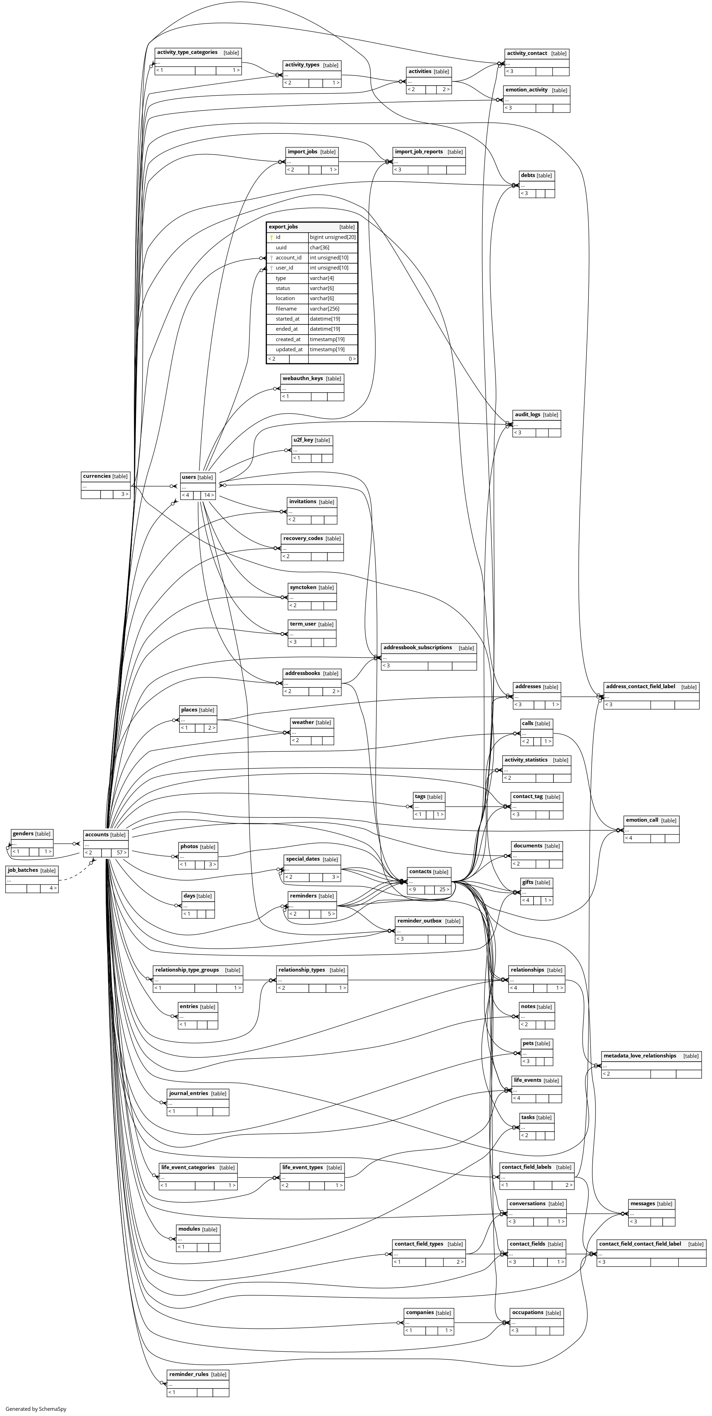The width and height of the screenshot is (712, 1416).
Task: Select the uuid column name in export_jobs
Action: pyautogui.click(x=281, y=247)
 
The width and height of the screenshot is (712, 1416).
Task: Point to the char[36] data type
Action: pyautogui.click(x=319, y=247)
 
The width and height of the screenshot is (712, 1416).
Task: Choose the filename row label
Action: pyautogui.click(x=286, y=309)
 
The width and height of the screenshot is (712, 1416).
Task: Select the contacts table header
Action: pyautogui.click(x=421, y=871)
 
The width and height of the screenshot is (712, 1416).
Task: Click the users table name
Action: pyautogui.click(x=189, y=477)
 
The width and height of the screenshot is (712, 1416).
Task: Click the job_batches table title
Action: pyautogui.click(x=23, y=870)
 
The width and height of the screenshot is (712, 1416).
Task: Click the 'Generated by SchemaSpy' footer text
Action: pyautogui.click(x=36, y=1409)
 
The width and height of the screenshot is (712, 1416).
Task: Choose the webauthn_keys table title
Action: pyautogui.click(x=302, y=378)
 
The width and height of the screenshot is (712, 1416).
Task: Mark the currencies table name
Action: pyautogui.click(x=97, y=476)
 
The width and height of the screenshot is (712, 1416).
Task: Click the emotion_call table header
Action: pyautogui.click(x=642, y=820)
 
